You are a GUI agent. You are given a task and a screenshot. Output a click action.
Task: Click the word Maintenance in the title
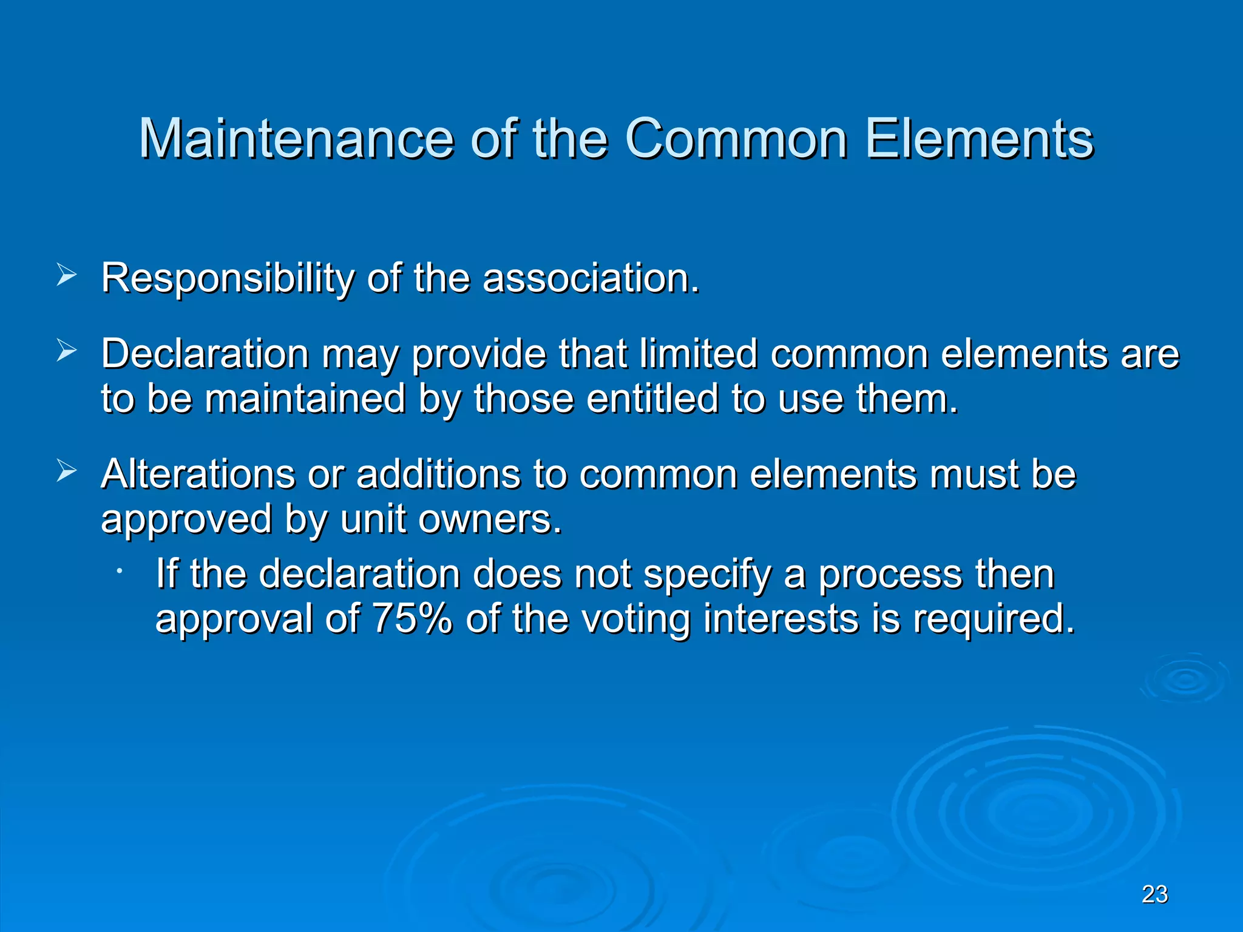296,139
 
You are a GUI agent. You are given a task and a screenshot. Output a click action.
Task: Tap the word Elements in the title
978,139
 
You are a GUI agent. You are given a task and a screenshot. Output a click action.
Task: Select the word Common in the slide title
736,139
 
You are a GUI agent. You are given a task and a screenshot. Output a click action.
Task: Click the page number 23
1154,894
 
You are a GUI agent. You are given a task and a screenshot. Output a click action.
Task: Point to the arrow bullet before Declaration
66,350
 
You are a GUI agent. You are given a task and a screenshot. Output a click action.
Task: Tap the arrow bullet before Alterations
66,470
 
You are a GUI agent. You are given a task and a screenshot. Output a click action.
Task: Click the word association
591,279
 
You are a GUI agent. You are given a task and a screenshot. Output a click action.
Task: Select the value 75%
412,619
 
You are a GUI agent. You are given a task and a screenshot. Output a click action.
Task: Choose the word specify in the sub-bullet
706,575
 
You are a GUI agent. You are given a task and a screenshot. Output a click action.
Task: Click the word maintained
305,399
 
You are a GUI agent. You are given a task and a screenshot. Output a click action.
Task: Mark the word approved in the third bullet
186,521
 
